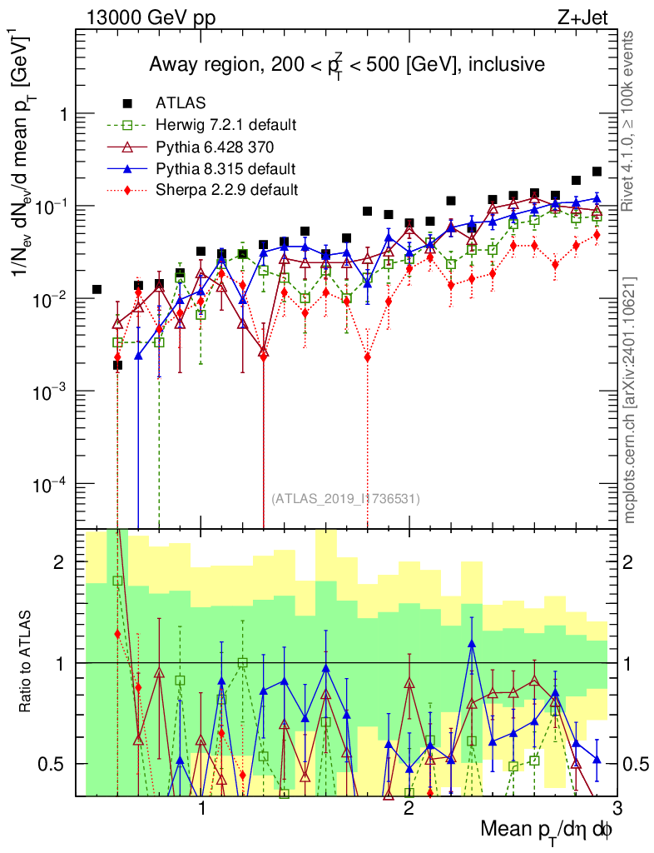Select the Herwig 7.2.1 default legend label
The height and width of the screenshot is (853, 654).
tap(226, 125)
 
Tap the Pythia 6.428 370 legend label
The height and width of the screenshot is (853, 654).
tap(217, 147)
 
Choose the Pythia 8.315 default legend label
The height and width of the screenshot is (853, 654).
tap(225, 168)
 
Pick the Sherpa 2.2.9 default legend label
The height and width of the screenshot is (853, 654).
tap(226, 190)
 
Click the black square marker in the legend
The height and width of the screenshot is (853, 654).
tap(127, 103)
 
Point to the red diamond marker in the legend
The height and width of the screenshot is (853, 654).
tap(127, 190)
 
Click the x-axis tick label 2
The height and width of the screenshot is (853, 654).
tap(409, 808)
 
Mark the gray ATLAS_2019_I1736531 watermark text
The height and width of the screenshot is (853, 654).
tap(345, 499)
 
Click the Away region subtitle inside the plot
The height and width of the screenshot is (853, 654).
tap(346, 65)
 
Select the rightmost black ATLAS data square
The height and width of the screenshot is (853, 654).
tap(597, 172)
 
